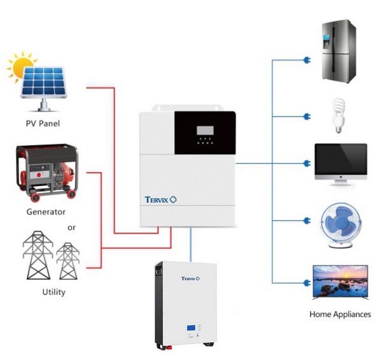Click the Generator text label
[x=46, y=211]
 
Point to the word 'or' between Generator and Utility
[x=72, y=227]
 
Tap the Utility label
[x=53, y=292]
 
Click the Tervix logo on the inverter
[x=160, y=200]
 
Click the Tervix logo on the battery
[x=191, y=278]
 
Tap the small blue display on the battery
[x=191, y=329]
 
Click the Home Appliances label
[x=340, y=314]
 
